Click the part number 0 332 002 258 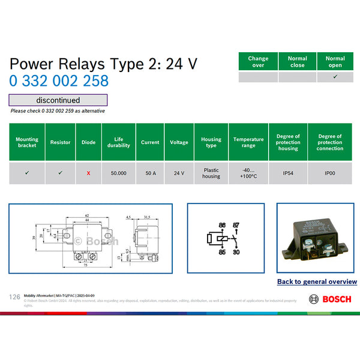tap(59, 81)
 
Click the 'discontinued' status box tap(58, 100)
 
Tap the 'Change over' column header tap(258, 62)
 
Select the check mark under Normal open tap(335, 77)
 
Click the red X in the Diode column tap(88, 173)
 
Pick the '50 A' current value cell tap(150, 173)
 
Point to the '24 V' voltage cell tap(179, 173)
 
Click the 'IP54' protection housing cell tap(288, 173)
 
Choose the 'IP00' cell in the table tap(330, 173)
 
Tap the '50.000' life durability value tap(118, 173)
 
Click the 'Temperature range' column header tap(248, 142)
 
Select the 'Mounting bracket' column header tap(27, 142)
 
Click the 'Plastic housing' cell tap(211, 173)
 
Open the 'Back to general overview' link tap(317, 281)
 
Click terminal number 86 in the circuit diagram tap(221, 224)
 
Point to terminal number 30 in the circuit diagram tap(236, 253)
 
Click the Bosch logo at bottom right tap(332, 299)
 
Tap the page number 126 tap(15, 297)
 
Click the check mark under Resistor tap(60, 173)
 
